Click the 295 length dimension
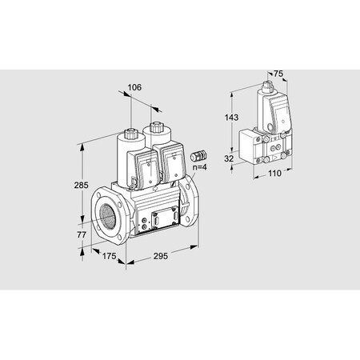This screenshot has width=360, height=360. [x=162, y=257]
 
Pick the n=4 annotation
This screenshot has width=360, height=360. [x=200, y=166]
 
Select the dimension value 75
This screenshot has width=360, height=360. [x=278, y=74]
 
